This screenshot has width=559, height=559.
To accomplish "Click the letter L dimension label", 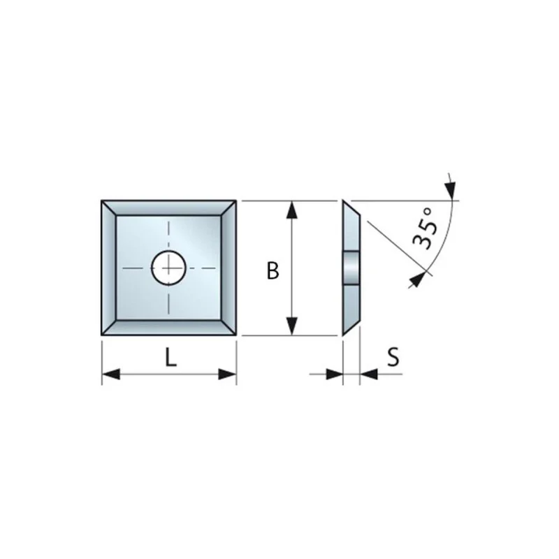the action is (x=171, y=358).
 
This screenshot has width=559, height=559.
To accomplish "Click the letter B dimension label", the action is (x=273, y=270).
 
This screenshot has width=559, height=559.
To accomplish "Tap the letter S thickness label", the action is (x=393, y=357).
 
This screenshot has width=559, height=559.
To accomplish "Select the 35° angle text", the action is (x=426, y=229).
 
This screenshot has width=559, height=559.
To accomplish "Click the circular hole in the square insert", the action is (x=168, y=268).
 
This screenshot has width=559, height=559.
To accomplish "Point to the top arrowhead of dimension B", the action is (x=292, y=210).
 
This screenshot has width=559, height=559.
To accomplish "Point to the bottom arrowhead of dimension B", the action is (x=292, y=326).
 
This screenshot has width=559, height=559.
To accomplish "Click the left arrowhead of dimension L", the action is (x=111, y=375).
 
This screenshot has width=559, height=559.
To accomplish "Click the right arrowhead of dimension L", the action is (x=228, y=375).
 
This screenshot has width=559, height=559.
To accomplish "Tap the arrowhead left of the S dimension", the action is (x=335, y=375).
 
